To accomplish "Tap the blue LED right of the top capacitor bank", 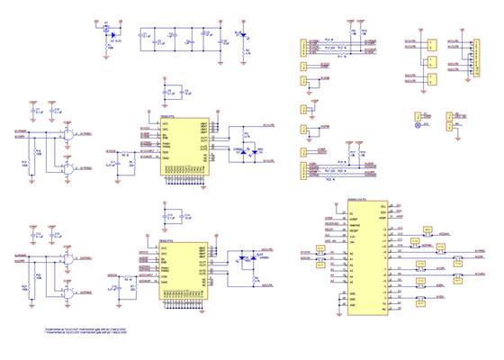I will pos(241,36).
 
